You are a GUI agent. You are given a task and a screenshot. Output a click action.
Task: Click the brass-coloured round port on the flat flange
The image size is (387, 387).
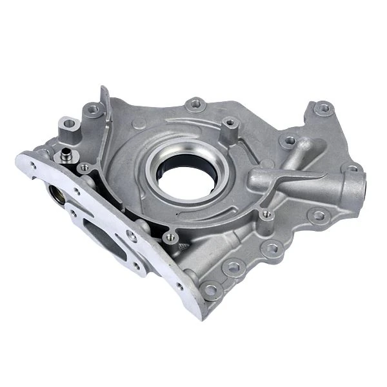(56, 195)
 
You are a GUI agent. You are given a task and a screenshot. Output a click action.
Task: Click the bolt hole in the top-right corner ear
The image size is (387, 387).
(323, 108)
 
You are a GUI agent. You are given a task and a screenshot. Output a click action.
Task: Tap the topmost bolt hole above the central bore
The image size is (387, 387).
(196, 104)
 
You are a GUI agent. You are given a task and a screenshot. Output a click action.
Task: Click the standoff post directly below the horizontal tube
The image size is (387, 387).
(265, 216)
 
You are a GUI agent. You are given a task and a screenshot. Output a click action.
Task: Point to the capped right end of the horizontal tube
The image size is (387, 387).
(357, 187)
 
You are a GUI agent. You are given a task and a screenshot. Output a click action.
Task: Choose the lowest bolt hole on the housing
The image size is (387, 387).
(210, 290)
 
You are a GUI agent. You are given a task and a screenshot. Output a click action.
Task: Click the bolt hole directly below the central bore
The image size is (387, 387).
(170, 238)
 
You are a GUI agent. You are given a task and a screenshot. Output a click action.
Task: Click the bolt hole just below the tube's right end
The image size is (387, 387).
(317, 215)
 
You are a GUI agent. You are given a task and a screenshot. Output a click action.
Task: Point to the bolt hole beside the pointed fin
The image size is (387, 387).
(95, 112)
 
